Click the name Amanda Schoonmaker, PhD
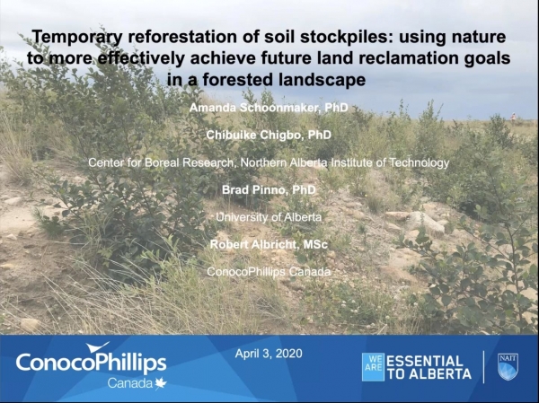point(269,109)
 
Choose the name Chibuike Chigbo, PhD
point(269,136)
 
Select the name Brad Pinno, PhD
point(269,190)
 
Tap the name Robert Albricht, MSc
point(269,244)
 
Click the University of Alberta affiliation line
point(269,217)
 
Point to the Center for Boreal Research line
point(269,162)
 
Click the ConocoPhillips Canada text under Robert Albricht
point(269,271)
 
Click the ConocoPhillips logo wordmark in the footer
point(91,363)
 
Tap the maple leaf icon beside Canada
point(161,383)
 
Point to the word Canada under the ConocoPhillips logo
point(130,383)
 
